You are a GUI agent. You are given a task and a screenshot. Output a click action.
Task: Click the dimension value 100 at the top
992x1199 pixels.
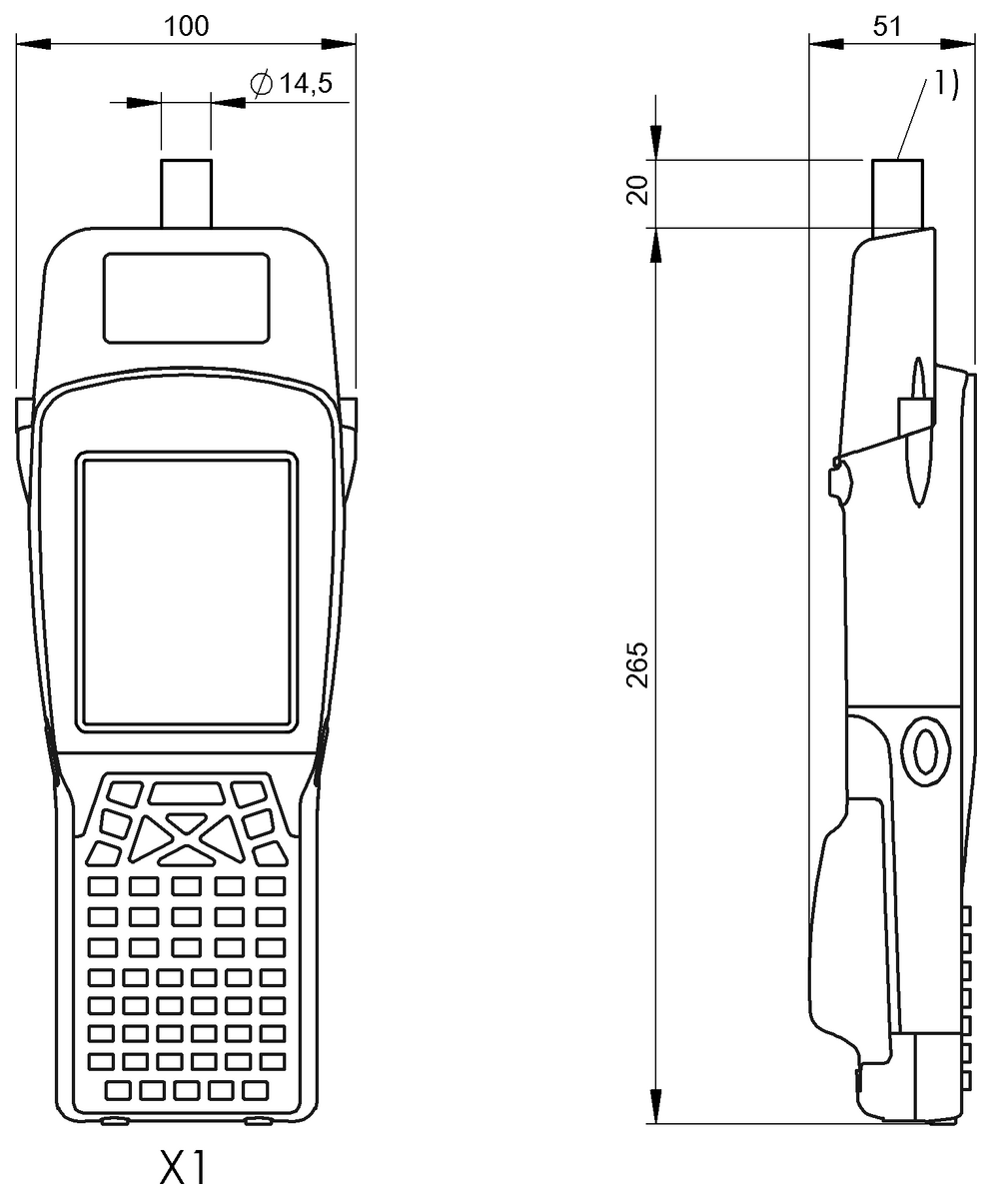coord(187,26)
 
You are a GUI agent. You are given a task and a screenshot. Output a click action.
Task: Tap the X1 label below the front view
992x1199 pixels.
coord(186,1165)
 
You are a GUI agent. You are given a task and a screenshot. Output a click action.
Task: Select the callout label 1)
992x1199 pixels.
coord(945,86)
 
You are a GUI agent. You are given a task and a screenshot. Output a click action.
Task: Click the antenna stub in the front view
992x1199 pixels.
coord(186,192)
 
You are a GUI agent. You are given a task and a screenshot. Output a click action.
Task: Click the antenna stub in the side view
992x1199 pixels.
coord(898,195)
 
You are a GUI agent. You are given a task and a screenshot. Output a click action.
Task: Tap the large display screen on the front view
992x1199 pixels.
coord(187,591)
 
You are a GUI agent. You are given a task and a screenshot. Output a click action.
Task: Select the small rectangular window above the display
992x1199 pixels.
coord(186,298)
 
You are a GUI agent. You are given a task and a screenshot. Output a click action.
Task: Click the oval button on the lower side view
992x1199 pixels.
coord(924,748)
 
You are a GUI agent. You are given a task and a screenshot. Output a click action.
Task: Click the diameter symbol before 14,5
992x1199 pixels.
coord(260,86)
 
